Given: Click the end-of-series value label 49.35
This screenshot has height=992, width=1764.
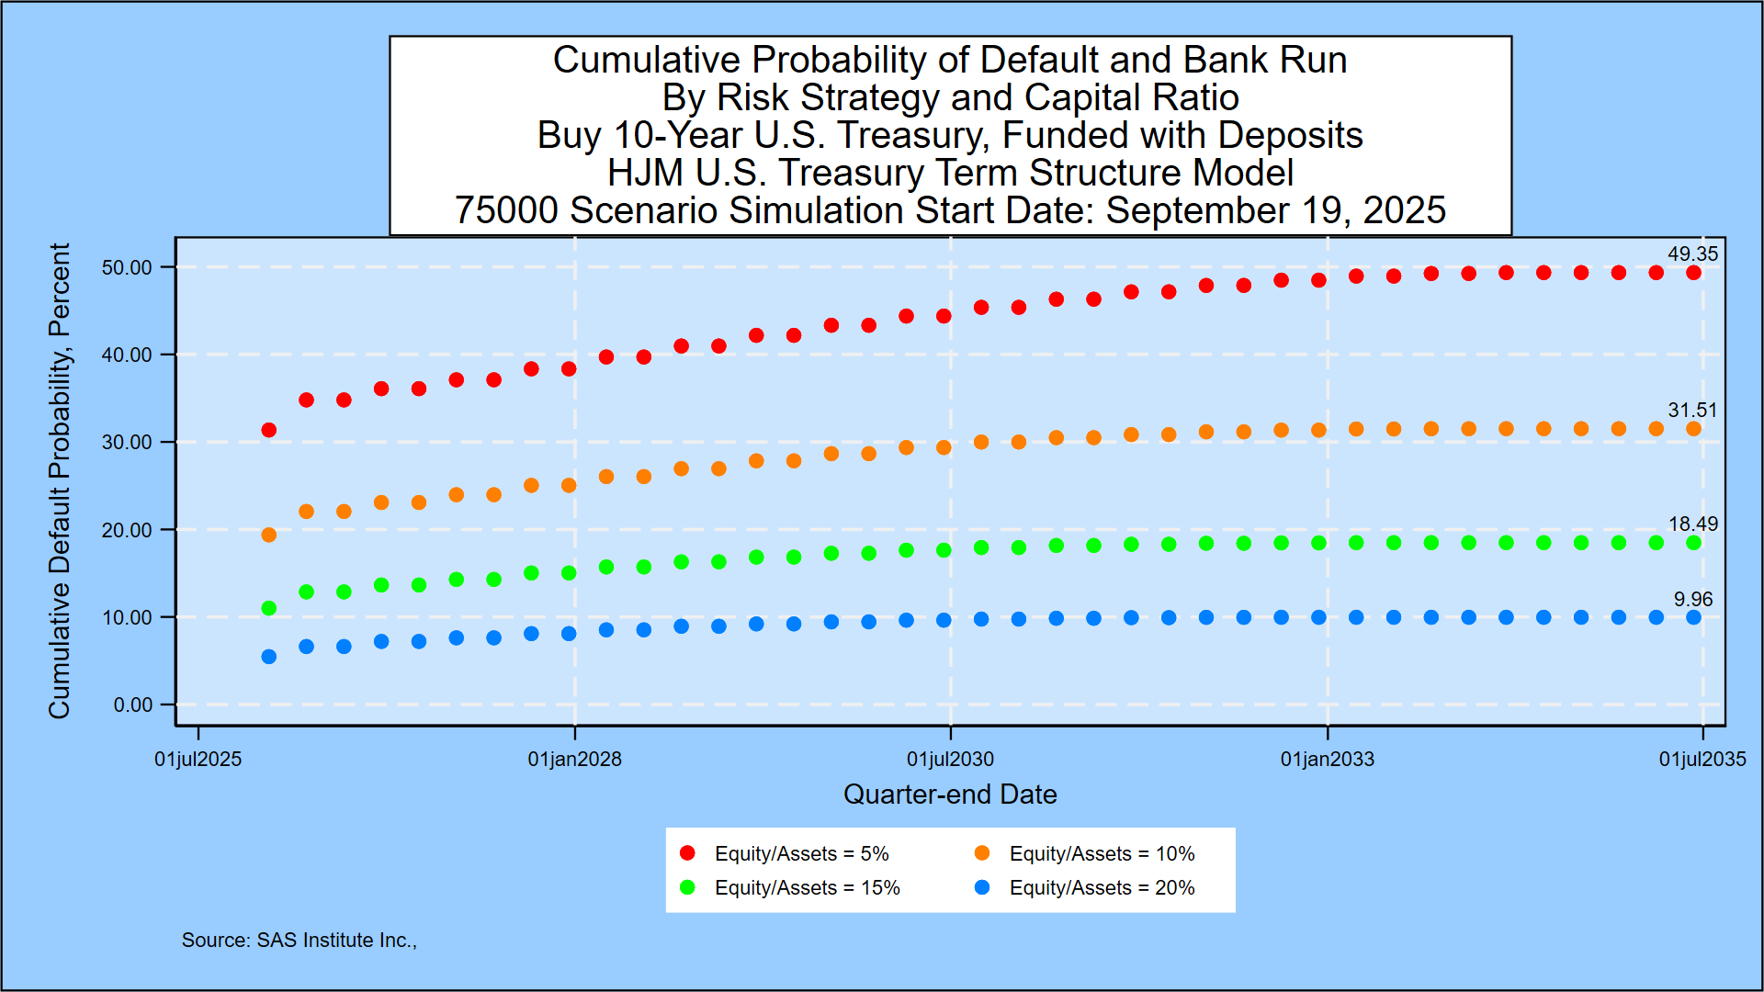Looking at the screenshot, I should (1692, 254).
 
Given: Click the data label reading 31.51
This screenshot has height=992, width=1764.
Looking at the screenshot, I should (1692, 411).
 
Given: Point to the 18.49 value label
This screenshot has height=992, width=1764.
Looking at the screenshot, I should (1692, 524).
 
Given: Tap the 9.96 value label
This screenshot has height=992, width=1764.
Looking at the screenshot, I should (1692, 600).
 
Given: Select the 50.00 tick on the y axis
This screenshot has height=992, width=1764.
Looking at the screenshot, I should (127, 267).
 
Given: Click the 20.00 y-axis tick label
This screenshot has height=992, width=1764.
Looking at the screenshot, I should (127, 530).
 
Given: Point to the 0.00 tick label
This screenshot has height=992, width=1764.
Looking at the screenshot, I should (132, 705).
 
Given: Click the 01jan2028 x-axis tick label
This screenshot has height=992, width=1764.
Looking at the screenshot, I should (574, 760).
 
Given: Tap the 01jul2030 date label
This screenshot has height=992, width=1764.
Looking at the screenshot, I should (950, 760).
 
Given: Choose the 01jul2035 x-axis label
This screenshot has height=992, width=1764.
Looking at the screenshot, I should (1702, 760).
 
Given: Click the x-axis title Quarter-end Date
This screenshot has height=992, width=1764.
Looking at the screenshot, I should (950, 795).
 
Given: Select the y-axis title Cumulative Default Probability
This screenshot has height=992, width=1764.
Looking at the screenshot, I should (60, 480).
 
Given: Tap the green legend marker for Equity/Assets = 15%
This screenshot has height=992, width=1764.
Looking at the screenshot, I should (687, 888).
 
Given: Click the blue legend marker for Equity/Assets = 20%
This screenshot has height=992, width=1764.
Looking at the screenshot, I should (982, 888).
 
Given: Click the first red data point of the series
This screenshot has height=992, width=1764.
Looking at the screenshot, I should (269, 430).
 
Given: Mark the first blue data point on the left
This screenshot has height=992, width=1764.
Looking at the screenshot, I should (269, 657).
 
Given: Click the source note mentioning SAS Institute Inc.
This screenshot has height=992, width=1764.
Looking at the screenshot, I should (299, 941).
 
